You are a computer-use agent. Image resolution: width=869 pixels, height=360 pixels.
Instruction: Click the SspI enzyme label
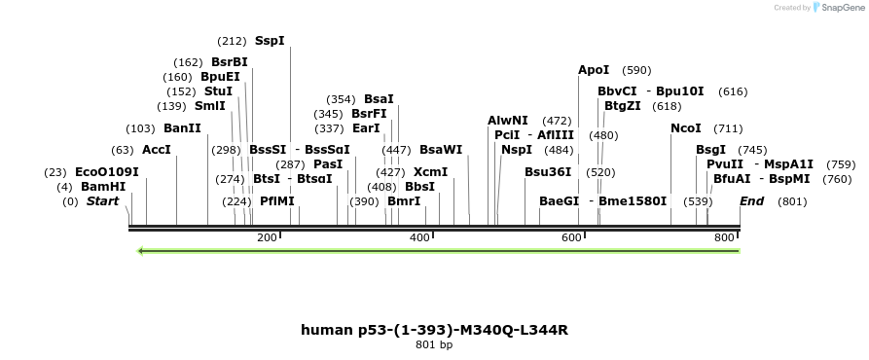pos(270,41)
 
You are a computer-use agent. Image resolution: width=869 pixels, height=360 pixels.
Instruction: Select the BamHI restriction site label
pos(103,186)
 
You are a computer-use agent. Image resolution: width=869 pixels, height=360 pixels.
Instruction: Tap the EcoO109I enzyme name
pos(107,171)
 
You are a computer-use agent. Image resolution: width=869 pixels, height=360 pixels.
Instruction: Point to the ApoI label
pos(594,70)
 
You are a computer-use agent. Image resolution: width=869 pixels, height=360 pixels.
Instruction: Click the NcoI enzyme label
pos(686,128)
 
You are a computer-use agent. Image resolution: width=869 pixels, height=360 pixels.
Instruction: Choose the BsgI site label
pos(710,150)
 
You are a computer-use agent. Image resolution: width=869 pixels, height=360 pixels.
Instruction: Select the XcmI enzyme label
pos(430,171)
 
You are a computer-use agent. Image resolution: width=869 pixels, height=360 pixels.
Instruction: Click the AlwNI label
pos(508,121)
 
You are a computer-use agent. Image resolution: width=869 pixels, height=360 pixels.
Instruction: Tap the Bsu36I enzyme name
pos(548,171)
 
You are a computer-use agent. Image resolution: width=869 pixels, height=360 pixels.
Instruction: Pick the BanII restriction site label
pos(182,128)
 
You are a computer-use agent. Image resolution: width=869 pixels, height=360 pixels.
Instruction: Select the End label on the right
pos(751,201)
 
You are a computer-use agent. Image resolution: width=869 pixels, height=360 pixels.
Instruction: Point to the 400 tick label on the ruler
pos(419,237)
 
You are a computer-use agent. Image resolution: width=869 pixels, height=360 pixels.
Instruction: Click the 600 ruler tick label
pos(571,237)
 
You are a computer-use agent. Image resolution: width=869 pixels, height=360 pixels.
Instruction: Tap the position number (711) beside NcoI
pos(728,128)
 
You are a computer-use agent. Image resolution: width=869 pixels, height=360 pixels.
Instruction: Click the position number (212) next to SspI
pos(233,41)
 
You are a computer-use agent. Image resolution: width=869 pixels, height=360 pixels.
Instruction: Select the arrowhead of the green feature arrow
pos(142,251)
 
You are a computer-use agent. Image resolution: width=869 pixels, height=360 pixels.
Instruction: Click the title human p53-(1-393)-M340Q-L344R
pos(434,330)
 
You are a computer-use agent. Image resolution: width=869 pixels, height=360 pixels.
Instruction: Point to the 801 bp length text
pos(434,344)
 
